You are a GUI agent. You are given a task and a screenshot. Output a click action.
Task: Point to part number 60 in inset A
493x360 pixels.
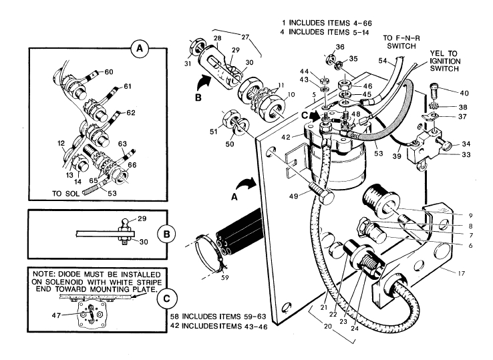click(110, 71)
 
